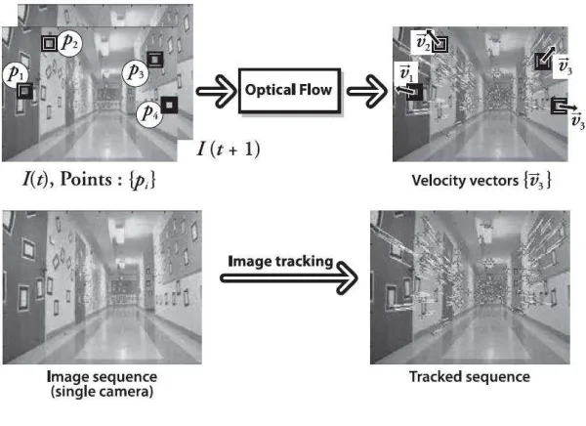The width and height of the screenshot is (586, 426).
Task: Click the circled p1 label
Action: [x=16, y=74]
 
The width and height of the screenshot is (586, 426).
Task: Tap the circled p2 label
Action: [x=69, y=43]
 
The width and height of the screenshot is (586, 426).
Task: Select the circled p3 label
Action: [x=136, y=73]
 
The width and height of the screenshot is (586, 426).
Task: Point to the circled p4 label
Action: [x=149, y=113]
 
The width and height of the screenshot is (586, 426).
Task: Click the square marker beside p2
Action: [x=49, y=44]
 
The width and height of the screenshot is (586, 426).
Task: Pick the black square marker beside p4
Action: [x=169, y=106]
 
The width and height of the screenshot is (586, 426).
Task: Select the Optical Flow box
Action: [x=289, y=91]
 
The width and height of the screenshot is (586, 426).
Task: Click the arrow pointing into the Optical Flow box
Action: [x=216, y=91]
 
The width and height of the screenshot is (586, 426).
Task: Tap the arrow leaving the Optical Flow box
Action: [x=367, y=91]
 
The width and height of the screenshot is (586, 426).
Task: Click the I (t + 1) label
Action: [x=228, y=149]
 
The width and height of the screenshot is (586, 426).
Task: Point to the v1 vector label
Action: [x=405, y=73]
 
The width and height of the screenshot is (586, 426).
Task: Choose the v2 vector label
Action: [x=423, y=42]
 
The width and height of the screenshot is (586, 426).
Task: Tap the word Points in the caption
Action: [x=86, y=179]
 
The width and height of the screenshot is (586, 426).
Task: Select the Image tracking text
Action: [x=280, y=262]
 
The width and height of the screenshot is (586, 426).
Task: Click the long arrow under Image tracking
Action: [x=289, y=277]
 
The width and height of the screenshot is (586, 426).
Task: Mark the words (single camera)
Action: [x=102, y=392]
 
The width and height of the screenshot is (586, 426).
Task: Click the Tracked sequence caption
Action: [x=470, y=376]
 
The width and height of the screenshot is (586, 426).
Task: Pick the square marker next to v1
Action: [x=414, y=92]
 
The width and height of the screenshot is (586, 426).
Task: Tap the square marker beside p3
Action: [x=155, y=60]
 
